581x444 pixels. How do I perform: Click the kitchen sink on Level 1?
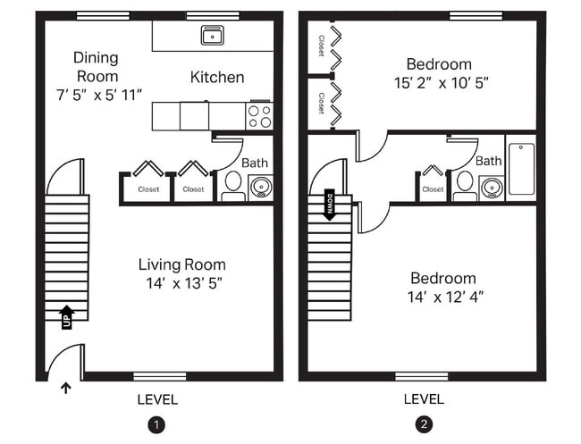pos(213,36)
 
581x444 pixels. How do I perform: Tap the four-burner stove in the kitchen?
pos(259,115)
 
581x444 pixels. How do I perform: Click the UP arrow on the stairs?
pos(67,316)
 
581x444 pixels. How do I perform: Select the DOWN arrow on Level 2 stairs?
pos(329,205)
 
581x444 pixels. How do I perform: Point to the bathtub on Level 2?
pos(521,170)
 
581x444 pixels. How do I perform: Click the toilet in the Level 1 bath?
pos(233,183)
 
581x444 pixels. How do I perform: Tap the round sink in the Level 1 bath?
pos(260,187)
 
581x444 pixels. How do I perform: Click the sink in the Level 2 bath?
pos(491,188)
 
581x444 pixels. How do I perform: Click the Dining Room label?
pos(95,67)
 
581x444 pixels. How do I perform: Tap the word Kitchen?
pos(217,78)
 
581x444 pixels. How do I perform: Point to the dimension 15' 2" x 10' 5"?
pos(439,82)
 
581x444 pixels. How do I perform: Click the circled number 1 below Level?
pos(157,423)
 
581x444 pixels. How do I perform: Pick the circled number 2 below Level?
pos(424,423)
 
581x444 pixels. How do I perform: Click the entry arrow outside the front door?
pos(64,388)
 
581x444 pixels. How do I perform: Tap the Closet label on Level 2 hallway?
pos(433,189)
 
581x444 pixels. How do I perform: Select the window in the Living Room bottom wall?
pos(158,376)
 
